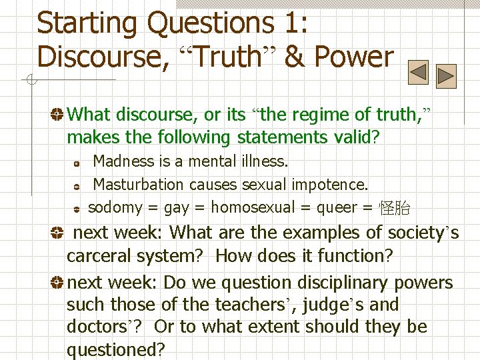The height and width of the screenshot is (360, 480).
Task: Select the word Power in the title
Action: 354,57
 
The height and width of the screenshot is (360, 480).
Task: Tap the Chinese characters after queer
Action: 394,208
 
